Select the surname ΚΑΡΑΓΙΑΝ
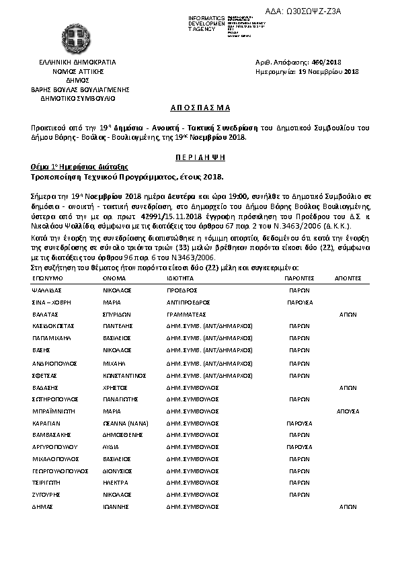click(47, 424)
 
